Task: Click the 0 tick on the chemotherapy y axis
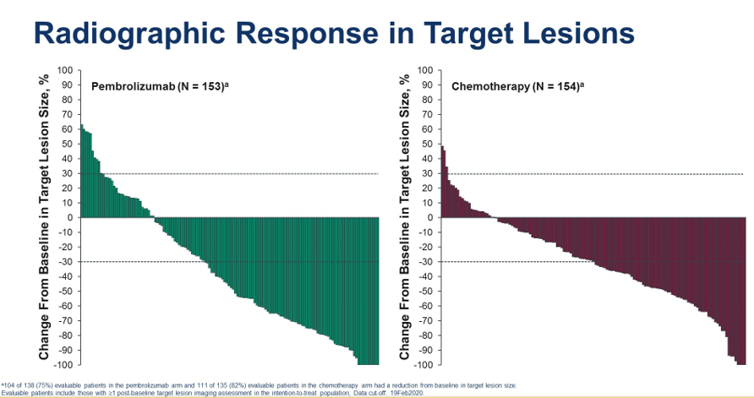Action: [429, 217]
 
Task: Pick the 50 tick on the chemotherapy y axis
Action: [427, 144]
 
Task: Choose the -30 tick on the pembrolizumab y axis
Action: [64, 262]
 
